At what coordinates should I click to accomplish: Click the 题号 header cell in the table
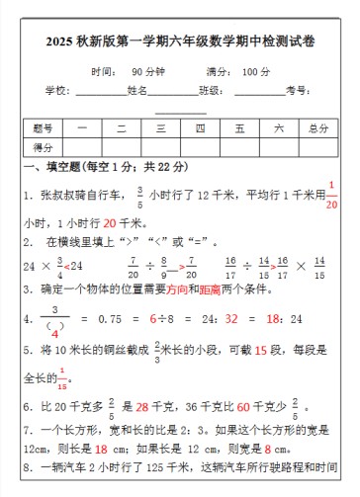(x=43, y=128)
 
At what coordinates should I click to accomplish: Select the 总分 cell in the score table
(x=317, y=128)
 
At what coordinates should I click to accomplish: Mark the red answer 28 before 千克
(x=141, y=406)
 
